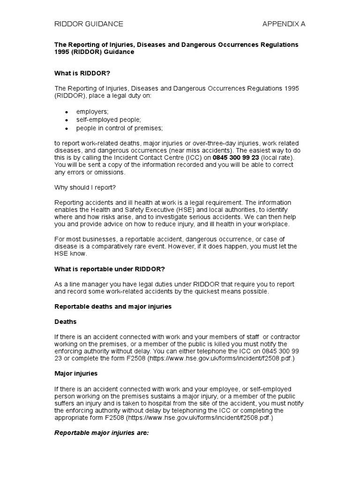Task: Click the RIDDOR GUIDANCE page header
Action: [89, 24]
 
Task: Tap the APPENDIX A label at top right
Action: [284, 24]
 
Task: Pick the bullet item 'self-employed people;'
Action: [108, 120]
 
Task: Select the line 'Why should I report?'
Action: [86, 187]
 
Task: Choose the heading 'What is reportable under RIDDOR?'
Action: [110, 269]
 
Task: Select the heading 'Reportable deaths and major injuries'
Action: [113, 307]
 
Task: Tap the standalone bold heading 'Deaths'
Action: [66, 322]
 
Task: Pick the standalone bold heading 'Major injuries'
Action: [77, 374]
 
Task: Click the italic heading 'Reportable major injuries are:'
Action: [101, 434]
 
